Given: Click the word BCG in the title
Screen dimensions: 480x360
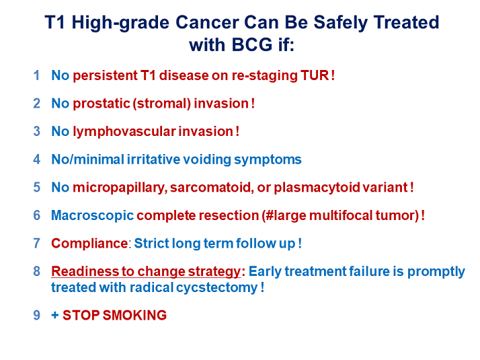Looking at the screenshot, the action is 252,44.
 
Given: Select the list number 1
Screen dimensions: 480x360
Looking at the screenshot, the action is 37,75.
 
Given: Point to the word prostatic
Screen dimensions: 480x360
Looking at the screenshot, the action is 102,104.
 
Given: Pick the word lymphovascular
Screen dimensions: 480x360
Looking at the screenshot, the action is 124,132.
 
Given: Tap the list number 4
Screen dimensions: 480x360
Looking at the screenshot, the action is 37,159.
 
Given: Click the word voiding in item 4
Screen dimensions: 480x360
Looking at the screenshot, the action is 207,159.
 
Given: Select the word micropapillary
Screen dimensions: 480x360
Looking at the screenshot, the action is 120,188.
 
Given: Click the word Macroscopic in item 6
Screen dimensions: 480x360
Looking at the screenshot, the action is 93,215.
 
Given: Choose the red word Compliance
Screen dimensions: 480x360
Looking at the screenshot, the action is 89,244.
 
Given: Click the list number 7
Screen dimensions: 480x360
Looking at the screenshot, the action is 37,244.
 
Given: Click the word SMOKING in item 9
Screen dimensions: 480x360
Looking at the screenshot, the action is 134,316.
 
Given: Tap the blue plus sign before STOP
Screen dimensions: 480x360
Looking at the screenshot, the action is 55,315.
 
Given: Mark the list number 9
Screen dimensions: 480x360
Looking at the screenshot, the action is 37,316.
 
